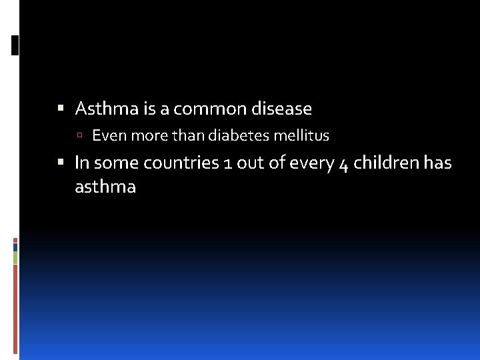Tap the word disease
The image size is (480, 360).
click(x=283, y=108)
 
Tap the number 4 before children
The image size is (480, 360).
click(x=343, y=164)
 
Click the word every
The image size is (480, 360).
click(x=313, y=163)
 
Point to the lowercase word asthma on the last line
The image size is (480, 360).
click(x=105, y=187)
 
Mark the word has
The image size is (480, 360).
click(x=438, y=163)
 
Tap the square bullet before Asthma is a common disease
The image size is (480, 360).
click(x=61, y=107)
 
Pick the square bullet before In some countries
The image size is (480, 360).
click(x=61, y=162)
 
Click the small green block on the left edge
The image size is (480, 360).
click(x=15, y=257)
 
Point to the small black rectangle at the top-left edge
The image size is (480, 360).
click(x=15, y=45)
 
